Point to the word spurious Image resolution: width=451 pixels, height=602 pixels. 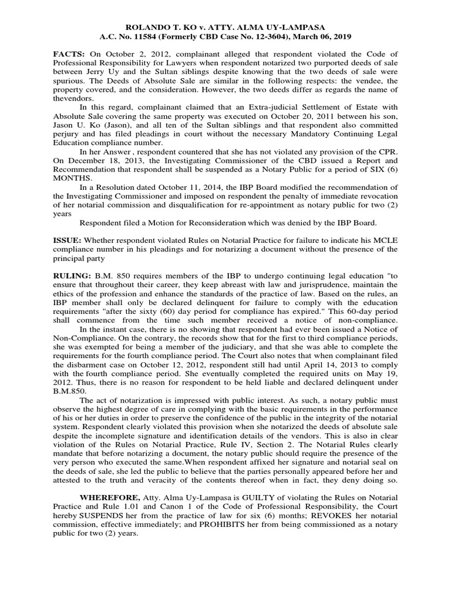click(69, 81)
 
